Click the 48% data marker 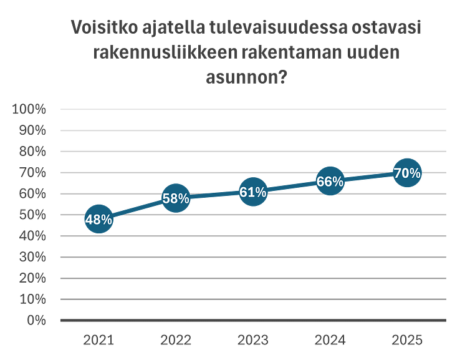98,219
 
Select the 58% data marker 176,198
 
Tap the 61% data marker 253,192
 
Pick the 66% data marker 330,182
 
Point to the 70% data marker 407,173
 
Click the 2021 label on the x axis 98,340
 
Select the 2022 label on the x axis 176,340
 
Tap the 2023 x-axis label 253,340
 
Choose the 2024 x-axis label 330,340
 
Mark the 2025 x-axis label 407,340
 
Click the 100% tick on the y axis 29,109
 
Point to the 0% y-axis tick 36,320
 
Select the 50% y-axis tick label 32,215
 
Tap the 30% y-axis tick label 32,257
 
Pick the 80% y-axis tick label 32,152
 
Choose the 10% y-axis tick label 32,299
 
